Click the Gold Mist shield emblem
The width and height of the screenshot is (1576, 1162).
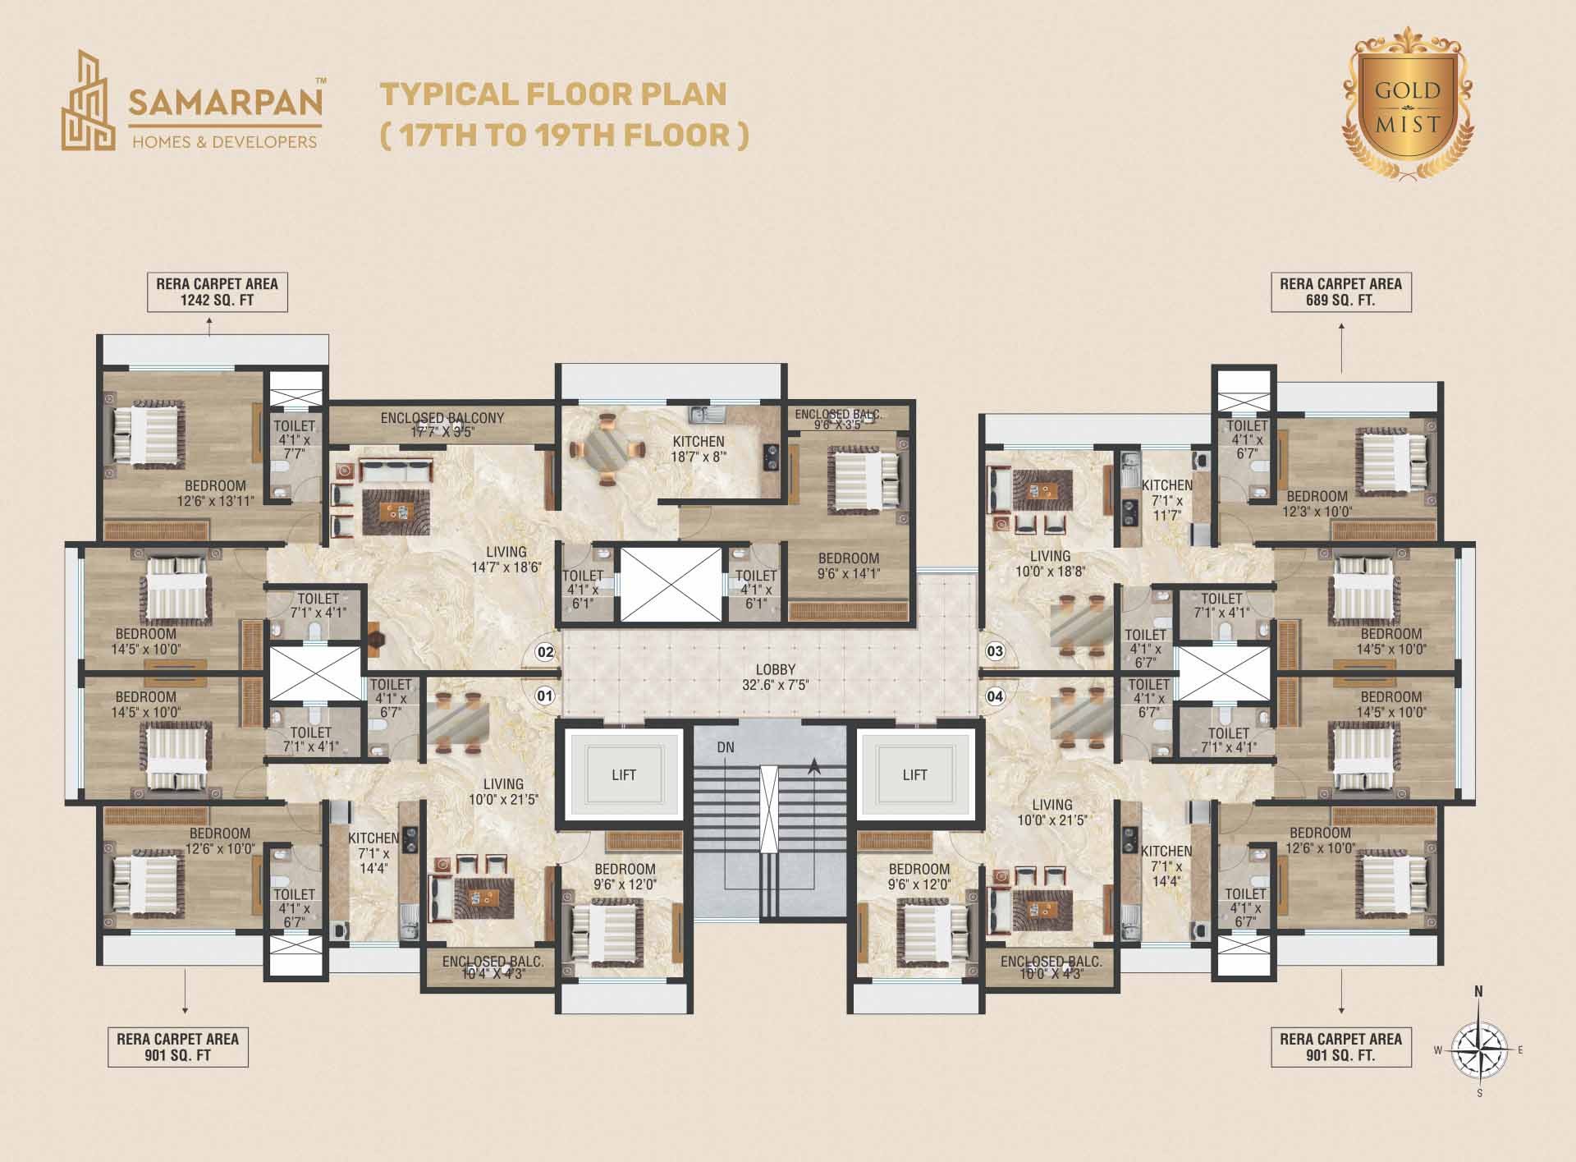coord(1407,104)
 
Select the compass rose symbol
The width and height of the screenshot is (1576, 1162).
coord(1479,1049)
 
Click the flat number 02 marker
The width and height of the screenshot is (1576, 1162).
coord(545,653)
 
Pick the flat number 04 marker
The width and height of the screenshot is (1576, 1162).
coord(995,697)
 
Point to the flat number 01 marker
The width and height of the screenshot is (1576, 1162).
coord(545,696)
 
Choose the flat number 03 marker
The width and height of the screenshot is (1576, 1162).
coord(995,652)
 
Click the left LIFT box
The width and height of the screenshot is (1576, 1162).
coord(623,774)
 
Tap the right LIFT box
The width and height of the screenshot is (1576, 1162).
coord(915,774)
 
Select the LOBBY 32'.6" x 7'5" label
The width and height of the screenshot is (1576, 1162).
coord(776,677)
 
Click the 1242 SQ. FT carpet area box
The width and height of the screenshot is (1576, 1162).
coord(218,292)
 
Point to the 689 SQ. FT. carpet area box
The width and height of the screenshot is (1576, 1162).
coord(1341,292)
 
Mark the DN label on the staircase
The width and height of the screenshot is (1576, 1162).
coord(726,747)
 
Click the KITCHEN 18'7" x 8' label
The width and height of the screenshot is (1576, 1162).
coord(699,449)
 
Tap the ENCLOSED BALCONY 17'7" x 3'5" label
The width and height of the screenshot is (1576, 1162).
coord(442,425)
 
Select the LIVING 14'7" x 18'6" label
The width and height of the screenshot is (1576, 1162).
coord(506,559)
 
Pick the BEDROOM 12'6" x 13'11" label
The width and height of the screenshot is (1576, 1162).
coord(215,493)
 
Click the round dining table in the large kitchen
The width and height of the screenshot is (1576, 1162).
coord(607,451)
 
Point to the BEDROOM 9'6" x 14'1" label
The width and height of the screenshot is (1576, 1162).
coord(849,566)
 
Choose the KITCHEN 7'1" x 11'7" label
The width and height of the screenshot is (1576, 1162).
coord(1166,500)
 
